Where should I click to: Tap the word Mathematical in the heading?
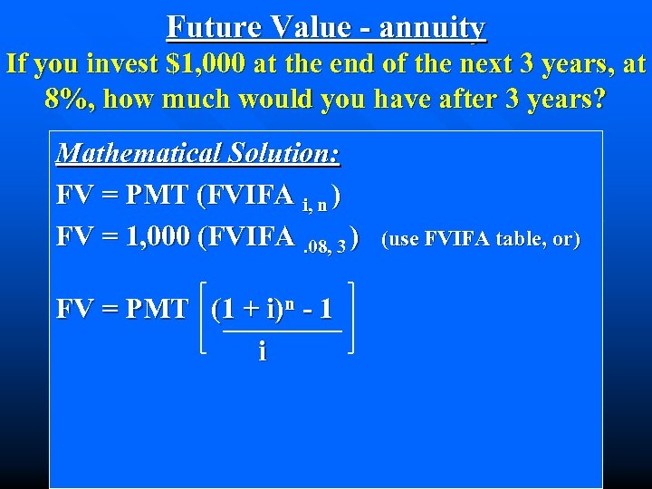click(x=128, y=153)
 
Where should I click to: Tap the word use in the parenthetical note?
click(x=404, y=239)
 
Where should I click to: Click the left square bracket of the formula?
click(x=204, y=316)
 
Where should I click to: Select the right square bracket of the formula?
click(x=349, y=316)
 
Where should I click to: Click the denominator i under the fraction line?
click(x=263, y=350)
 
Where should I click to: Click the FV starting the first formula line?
click(x=72, y=195)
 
